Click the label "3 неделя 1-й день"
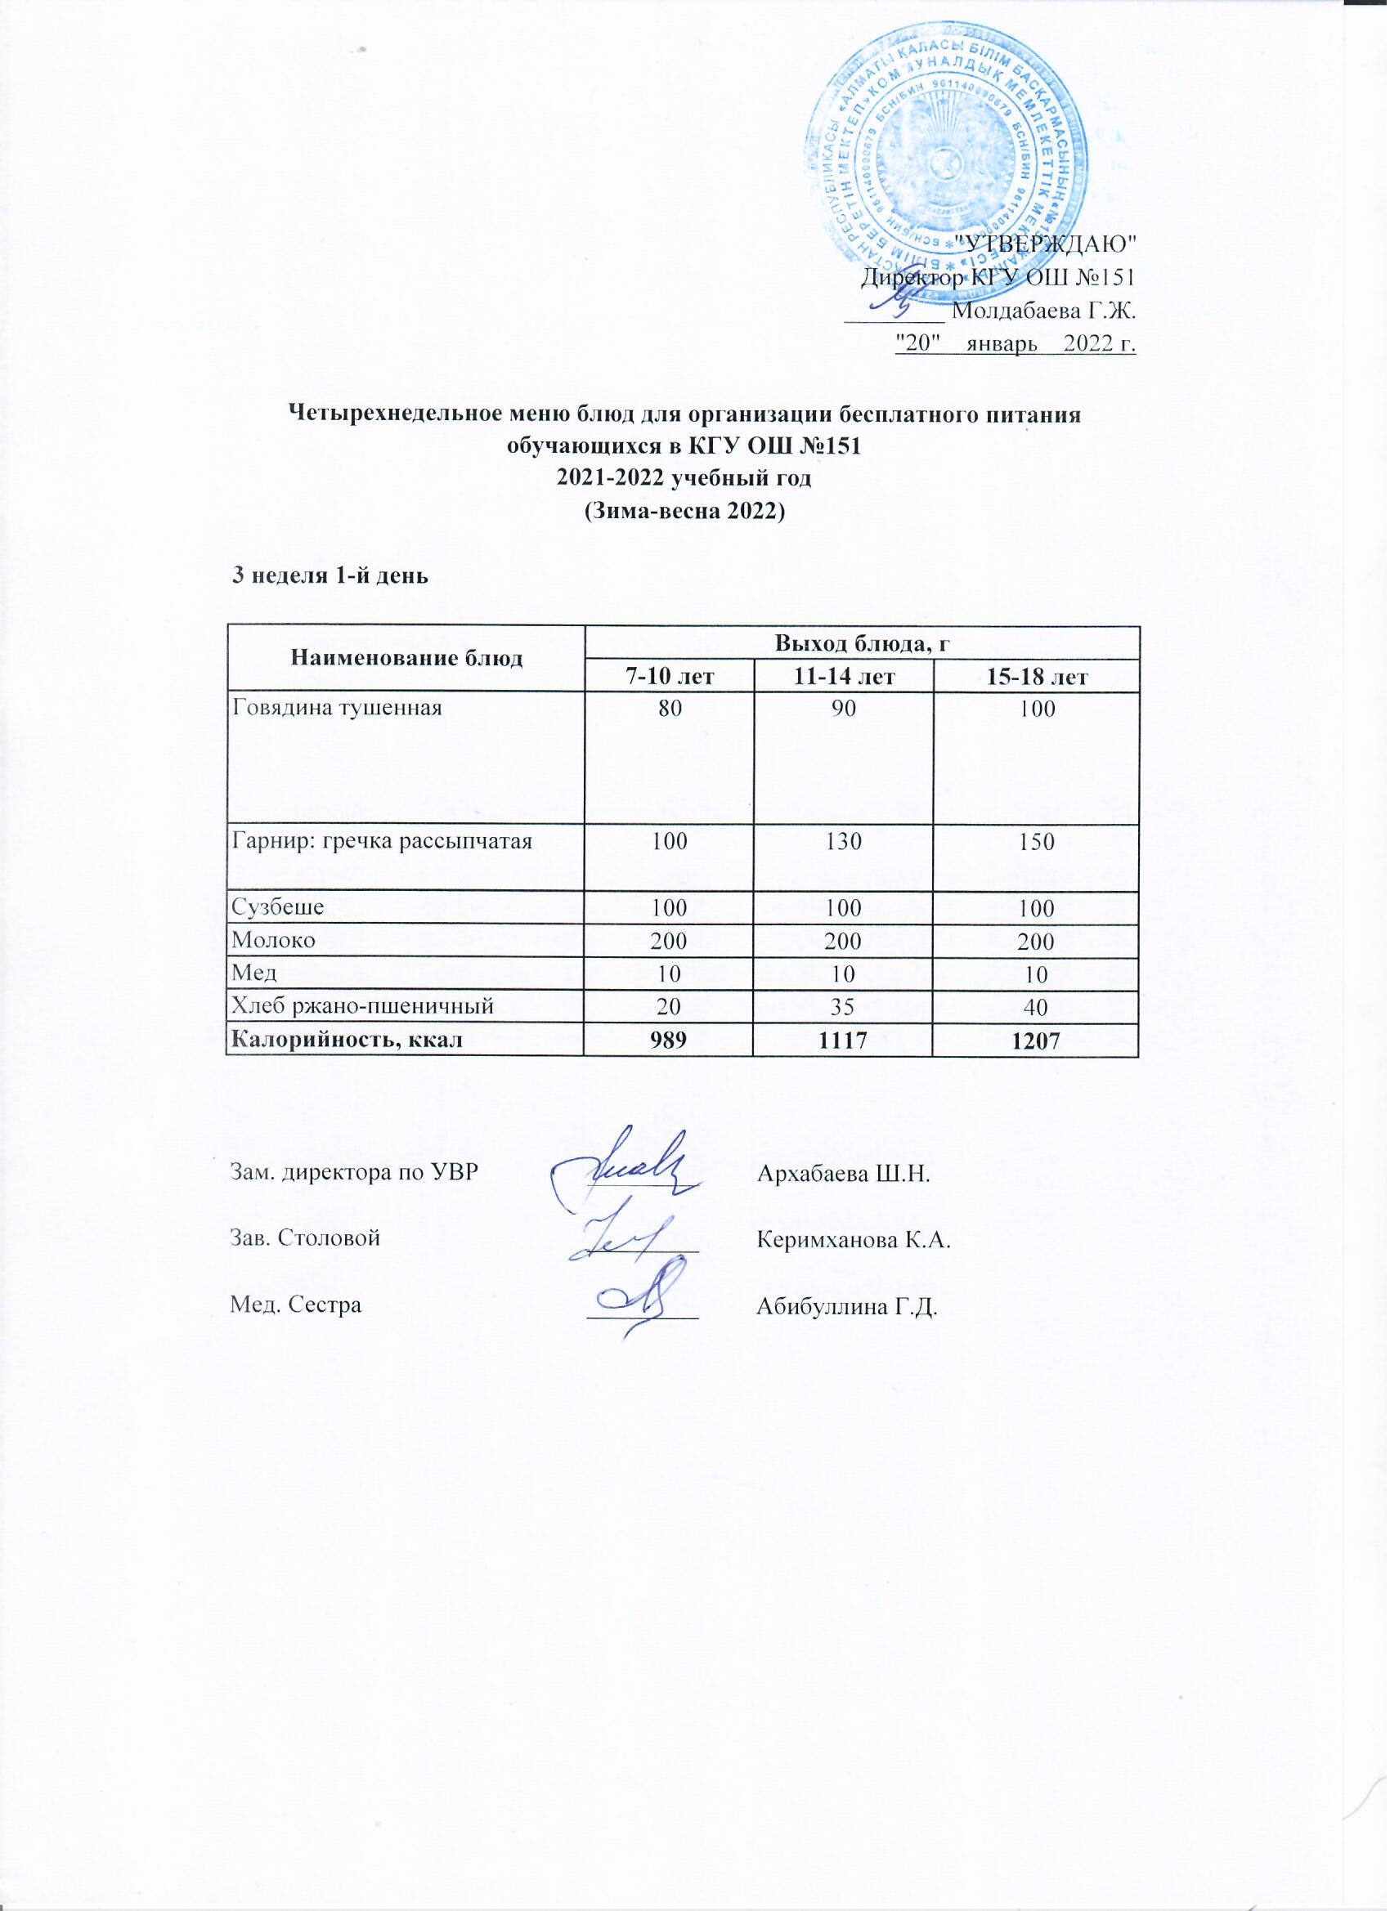tap(330, 576)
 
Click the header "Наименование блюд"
tap(406, 659)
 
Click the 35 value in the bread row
tap(843, 1005)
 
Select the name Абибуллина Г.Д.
tap(848, 1307)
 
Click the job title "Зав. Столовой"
tap(305, 1238)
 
